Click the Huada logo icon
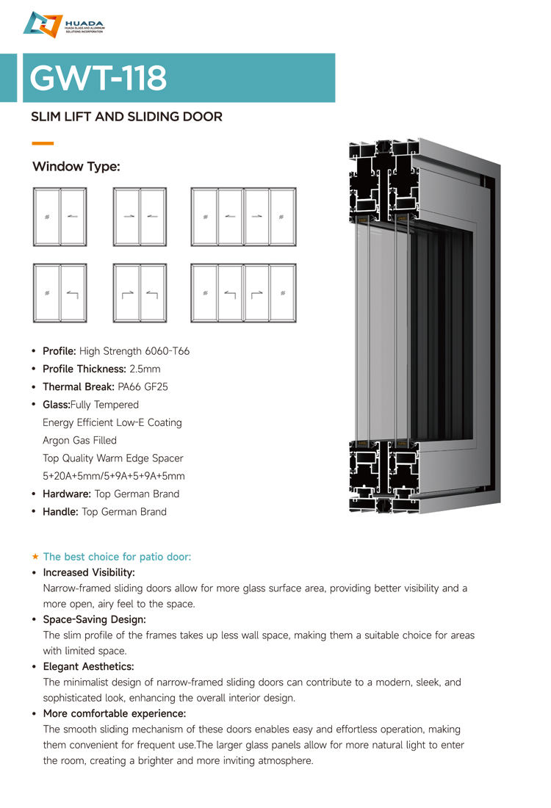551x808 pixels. tap(43, 24)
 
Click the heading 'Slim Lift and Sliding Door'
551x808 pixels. tap(126, 117)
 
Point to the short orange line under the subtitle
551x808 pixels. tap(43, 143)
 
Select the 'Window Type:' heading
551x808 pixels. tap(76, 167)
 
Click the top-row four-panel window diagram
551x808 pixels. tap(243, 217)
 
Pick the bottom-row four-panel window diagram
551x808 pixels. tap(243, 293)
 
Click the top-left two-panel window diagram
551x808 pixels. tap(60, 217)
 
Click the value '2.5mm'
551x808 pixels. tap(145, 369)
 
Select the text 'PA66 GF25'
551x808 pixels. tap(143, 386)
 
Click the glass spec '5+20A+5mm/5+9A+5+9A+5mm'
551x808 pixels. tap(114, 476)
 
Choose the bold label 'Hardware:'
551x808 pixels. tap(67, 494)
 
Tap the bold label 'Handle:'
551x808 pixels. tap(60, 511)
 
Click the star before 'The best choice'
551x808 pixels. tap(35, 556)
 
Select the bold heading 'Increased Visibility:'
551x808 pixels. tap(89, 572)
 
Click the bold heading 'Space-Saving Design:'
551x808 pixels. tap(95, 619)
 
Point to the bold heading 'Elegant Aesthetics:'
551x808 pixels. tap(88, 666)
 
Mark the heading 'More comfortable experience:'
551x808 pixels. tap(114, 713)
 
